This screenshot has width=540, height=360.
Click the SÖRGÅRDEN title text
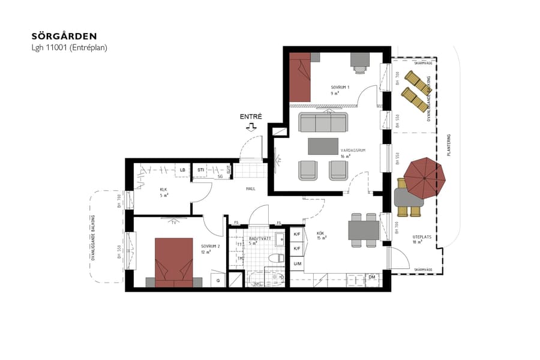click(x=64, y=36)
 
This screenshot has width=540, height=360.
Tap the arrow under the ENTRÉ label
click(x=251, y=127)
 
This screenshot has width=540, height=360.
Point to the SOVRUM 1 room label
click(x=340, y=88)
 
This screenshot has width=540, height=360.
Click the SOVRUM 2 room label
click(x=210, y=247)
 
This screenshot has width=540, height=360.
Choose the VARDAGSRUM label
click(x=349, y=151)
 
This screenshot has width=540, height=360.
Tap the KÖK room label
click(x=321, y=233)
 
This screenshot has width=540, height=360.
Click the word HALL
click(x=251, y=188)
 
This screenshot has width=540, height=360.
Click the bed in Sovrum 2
click(x=173, y=262)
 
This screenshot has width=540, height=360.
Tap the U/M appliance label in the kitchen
click(x=297, y=263)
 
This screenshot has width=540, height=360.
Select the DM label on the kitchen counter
click(x=372, y=277)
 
